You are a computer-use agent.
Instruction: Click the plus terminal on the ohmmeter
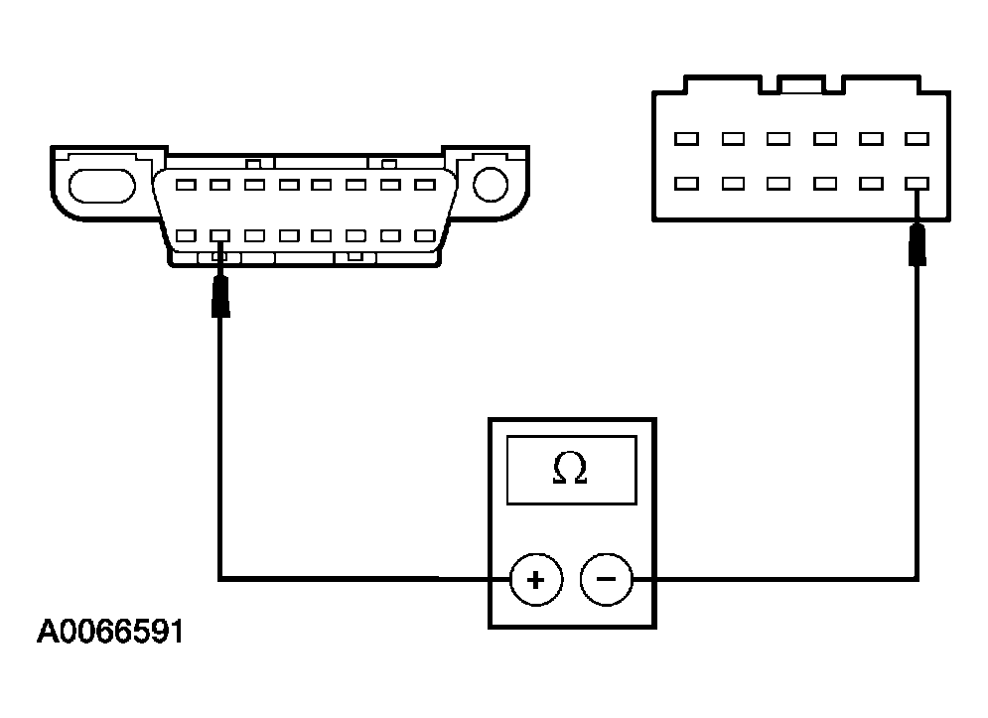click(536, 580)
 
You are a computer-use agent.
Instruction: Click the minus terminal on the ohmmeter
click(606, 580)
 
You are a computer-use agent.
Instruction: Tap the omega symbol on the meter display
click(570, 469)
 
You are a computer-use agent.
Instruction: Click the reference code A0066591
click(110, 633)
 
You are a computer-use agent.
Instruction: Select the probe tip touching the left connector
click(220, 297)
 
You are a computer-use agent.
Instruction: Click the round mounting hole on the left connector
click(491, 184)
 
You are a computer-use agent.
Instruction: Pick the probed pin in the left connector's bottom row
click(220, 236)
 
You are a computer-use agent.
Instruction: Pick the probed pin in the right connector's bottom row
click(917, 184)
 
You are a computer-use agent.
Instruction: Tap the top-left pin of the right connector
click(685, 139)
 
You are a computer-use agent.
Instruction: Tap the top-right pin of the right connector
click(917, 139)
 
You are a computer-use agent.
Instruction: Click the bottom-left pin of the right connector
click(685, 184)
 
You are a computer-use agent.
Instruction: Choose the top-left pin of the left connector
click(187, 185)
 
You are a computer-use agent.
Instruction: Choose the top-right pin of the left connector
click(425, 185)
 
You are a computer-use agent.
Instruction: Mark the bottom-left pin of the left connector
click(187, 236)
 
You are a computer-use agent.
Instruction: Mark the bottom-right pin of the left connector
click(425, 236)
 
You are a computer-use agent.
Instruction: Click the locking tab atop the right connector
click(801, 85)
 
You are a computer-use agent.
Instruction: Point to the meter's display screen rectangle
click(570, 469)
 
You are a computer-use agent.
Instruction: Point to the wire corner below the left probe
click(220, 577)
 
